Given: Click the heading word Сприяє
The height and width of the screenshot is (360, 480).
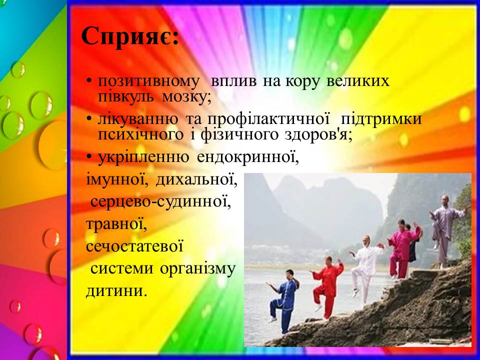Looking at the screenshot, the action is tap(130, 36).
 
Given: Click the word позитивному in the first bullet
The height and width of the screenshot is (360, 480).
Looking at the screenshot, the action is tap(148, 81).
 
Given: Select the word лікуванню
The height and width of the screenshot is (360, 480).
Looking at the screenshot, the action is tap(138, 119).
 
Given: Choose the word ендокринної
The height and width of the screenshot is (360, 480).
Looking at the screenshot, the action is tap(248, 157).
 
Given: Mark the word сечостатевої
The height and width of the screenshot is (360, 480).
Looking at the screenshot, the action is tap(134, 246).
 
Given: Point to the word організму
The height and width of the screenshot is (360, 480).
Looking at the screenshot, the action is tap(198, 269).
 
